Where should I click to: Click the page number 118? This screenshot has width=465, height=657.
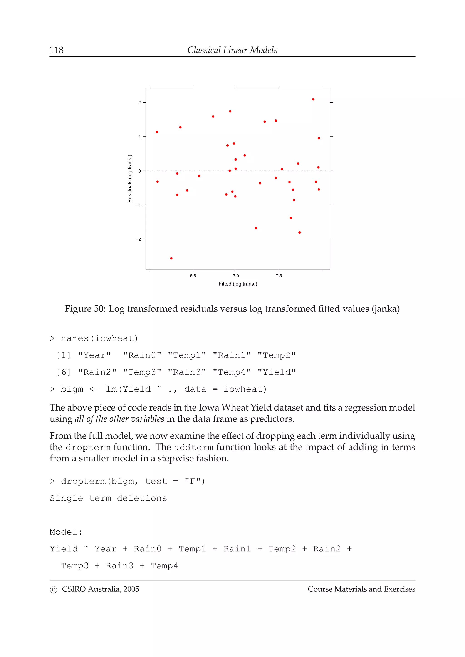pyautogui.click(x=57, y=50)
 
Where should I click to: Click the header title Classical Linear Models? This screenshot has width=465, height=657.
pyautogui.click(x=232, y=50)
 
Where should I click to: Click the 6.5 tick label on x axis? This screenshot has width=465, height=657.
pyautogui.click(x=193, y=276)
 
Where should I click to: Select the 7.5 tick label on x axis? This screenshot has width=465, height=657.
pyautogui.click(x=279, y=276)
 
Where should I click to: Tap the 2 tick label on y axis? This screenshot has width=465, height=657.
pyautogui.click(x=140, y=103)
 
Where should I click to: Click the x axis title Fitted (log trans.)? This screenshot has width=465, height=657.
pyautogui.click(x=237, y=284)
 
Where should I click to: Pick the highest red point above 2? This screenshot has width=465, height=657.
pyautogui.click(x=313, y=99)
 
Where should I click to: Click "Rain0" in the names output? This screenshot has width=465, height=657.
pyautogui.click(x=142, y=355)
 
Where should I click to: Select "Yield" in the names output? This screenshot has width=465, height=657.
pyautogui.click(x=277, y=372)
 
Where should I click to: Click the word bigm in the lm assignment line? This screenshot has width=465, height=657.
pyautogui.click(x=72, y=389)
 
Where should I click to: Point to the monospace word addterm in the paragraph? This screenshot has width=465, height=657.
pyautogui.click(x=194, y=447)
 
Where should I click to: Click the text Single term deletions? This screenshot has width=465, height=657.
pyautogui.click(x=108, y=498)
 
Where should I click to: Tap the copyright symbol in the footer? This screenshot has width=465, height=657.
pyautogui.click(x=53, y=590)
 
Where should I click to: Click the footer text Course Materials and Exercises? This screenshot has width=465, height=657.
pyautogui.click(x=361, y=589)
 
